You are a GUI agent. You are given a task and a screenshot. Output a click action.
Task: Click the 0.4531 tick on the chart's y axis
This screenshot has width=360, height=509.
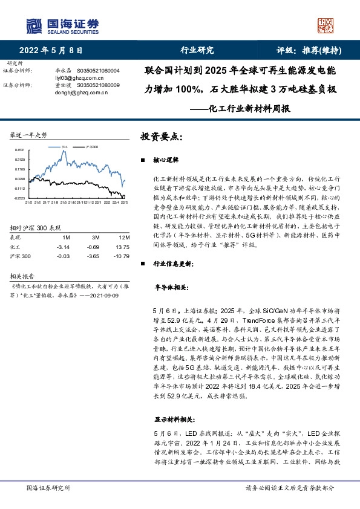coord(21,149)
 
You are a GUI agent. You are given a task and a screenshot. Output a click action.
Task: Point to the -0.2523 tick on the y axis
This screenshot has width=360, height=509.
coord(20,198)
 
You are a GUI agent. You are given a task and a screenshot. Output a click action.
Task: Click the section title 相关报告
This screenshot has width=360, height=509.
coord(23,273)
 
